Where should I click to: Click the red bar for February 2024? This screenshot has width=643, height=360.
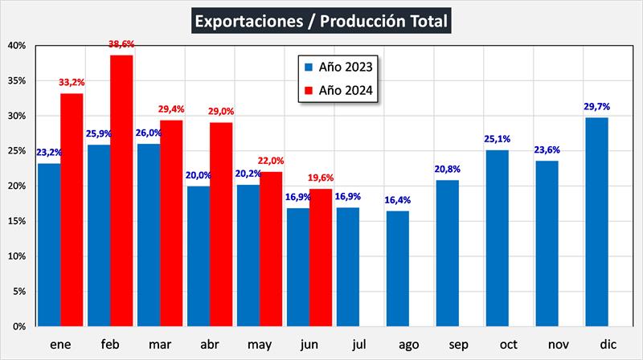[x=121, y=191]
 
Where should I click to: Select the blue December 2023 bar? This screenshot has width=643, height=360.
[x=596, y=223]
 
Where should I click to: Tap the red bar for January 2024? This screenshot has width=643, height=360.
[x=72, y=211]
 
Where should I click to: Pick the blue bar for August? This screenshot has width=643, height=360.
[x=397, y=269]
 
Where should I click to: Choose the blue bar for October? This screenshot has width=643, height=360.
[x=497, y=239]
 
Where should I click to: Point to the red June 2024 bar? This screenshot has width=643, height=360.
[x=321, y=258]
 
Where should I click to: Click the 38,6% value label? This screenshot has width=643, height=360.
[x=122, y=46]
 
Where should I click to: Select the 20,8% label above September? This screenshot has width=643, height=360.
[x=447, y=168]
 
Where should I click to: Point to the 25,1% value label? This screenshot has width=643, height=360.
[x=497, y=138]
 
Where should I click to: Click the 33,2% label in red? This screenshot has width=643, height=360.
[x=72, y=82]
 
